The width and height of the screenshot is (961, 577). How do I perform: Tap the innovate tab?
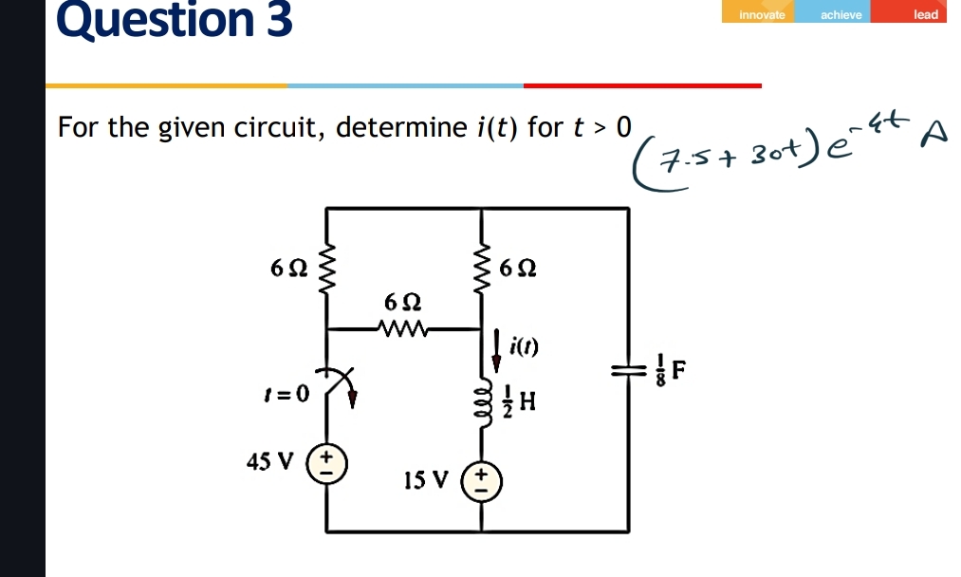(x=763, y=14)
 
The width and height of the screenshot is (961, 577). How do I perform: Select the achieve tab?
(x=841, y=14)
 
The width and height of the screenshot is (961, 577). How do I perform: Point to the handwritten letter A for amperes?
(x=933, y=136)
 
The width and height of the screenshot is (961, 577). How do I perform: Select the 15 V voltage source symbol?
(x=480, y=483)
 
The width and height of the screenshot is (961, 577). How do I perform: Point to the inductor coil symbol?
(x=481, y=402)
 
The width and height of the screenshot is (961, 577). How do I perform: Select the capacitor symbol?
(x=626, y=371)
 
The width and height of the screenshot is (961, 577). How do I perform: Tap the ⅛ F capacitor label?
(x=668, y=371)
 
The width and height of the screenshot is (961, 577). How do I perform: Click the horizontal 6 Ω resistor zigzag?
(x=404, y=329)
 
